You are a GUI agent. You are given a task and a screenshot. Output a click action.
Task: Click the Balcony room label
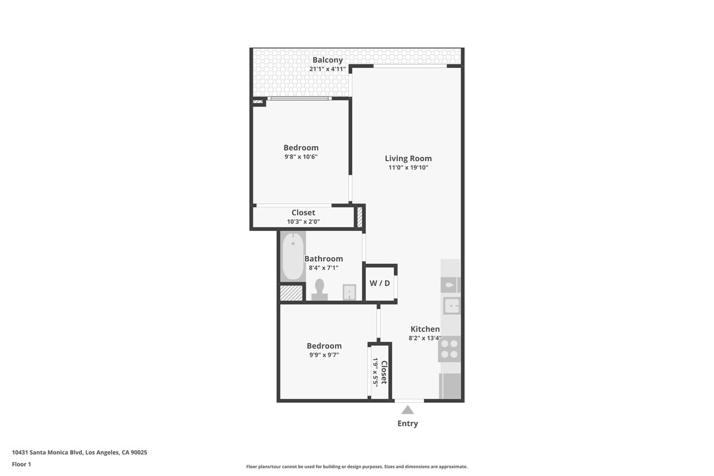click(327, 60)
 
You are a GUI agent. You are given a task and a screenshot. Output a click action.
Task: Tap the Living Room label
click(408, 158)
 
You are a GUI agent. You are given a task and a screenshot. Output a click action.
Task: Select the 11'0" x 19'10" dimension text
click(408, 168)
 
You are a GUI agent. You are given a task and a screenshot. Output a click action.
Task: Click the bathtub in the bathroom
click(293, 256)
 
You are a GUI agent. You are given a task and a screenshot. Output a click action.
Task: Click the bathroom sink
click(349, 292)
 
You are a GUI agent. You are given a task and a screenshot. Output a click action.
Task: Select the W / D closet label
click(379, 283)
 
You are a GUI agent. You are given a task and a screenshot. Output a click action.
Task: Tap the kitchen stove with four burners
click(449, 349)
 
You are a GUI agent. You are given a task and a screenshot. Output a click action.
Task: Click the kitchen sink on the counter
click(451, 306)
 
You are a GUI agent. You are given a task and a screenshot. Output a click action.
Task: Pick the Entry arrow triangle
click(408, 410)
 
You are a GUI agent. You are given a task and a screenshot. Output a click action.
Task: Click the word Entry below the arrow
click(408, 424)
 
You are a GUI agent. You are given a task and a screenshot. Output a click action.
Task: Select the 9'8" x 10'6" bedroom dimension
click(301, 157)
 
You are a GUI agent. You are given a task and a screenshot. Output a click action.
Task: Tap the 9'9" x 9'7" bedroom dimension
click(324, 355)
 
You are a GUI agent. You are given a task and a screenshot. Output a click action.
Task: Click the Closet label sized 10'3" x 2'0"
click(303, 212)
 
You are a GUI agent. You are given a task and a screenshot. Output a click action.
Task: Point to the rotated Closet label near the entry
click(384, 372)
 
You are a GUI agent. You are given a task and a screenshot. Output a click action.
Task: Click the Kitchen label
click(425, 329)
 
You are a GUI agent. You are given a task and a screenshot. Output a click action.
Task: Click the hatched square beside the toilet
click(291, 293)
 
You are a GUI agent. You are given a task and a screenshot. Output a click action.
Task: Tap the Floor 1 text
click(21, 464)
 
